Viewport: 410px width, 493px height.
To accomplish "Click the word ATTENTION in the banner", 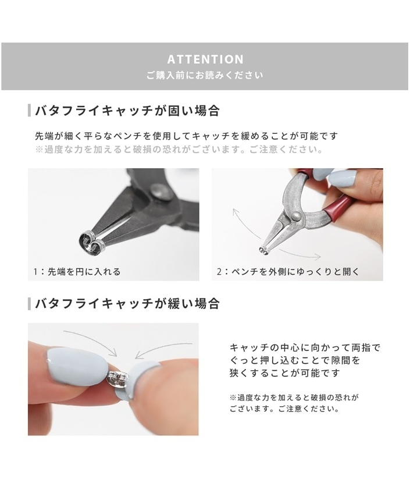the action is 205,59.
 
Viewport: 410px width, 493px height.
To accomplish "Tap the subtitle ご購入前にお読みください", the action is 205,76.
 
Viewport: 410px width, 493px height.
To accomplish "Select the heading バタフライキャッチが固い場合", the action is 127,111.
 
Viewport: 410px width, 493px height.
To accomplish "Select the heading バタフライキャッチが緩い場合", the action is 127,303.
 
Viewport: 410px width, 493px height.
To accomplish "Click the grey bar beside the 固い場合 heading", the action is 29,111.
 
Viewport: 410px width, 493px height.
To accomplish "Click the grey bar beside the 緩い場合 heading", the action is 29,303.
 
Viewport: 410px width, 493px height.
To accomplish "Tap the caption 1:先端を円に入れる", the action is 77,271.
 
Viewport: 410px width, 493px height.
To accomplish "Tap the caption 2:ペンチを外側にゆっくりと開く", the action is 288,271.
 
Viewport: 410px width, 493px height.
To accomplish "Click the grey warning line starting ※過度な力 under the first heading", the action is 179,150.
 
